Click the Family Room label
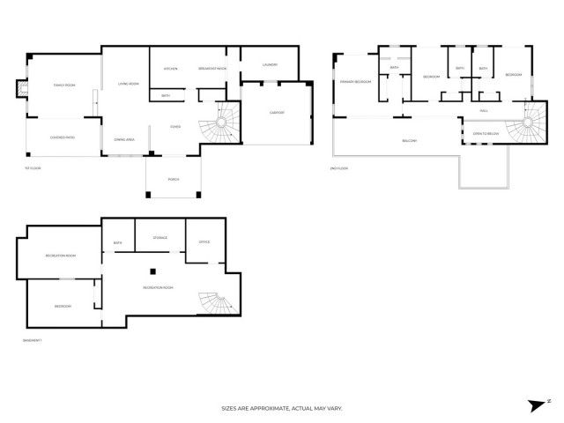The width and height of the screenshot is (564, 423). pyautogui.click(x=63, y=85)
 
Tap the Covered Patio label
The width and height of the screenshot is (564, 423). pyautogui.click(x=63, y=137)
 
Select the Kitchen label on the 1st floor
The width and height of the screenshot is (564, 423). pyautogui.click(x=171, y=69)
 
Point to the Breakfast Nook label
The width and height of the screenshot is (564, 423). pyautogui.click(x=212, y=69)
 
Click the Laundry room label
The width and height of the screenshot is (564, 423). pyautogui.click(x=271, y=64)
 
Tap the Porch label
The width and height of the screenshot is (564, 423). pyautogui.click(x=174, y=179)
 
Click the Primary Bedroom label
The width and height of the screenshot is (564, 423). pyautogui.click(x=355, y=81)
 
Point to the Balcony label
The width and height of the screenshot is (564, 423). pyautogui.click(x=409, y=140)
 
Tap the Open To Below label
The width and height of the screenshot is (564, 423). pyautogui.click(x=485, y=134)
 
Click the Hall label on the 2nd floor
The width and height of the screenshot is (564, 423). pyautogui.click(x=484, y=110)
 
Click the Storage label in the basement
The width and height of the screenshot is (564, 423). pyautogui.click(x=160, y=237)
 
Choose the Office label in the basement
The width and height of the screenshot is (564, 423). pyautogui.click(x=203, y=242)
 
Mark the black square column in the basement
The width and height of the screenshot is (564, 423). pyautogui.click(x=152, y=271)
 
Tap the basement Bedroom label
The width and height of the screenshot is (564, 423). pyautogui.click(x=63, y=306)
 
